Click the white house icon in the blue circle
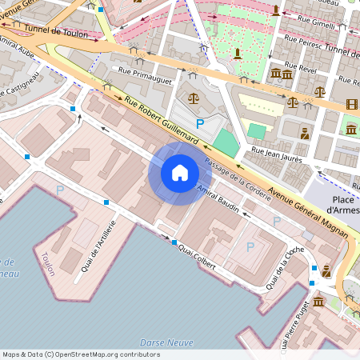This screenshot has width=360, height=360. point(179,172)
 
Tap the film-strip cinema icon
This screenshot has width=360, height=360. point(352,103)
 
